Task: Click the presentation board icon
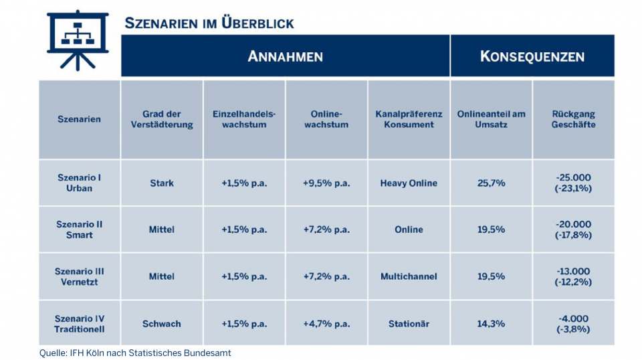(x=78, y=40)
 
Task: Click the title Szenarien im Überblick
(x=209, y=23)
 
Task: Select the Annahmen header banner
(x=285, y=56)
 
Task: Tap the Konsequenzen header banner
(x=532, y=56)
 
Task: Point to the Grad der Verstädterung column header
(x=162, y=119)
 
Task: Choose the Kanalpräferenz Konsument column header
(x=409, y=119)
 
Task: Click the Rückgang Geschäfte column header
(x=573, y=119)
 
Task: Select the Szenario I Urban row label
(x=80, y=183)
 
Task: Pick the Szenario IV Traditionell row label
(x=80, y=324)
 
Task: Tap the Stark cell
(x=162, y=183)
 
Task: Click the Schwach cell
(x=162, y=324)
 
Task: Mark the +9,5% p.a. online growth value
(x=326, y=183)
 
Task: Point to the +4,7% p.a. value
(x=326, y=324)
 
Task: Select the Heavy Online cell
(x=409, y=183)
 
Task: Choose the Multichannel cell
(x=409, y=276)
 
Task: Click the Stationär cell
(x=409, y=324)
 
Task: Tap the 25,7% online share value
(x=491, y=183)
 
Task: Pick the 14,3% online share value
(x=491, y=324)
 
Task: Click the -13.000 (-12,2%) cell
(x=573, y=276)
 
